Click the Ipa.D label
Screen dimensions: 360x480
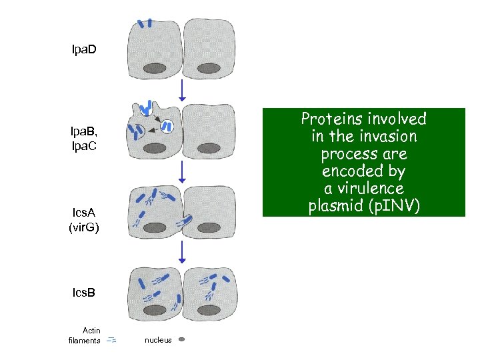point(84,50)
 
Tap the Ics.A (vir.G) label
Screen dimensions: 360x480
point(84,219)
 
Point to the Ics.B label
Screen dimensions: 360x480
point(84,292)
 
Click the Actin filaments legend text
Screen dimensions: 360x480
point(85,335)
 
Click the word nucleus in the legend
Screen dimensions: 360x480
point(158,340)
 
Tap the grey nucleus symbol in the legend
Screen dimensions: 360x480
point(181,339)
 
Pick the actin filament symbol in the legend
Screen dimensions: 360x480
point(111,339)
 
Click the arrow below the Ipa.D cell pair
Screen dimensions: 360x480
point(182,90)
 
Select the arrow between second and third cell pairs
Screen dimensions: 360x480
point(182,172)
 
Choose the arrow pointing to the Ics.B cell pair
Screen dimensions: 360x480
point(182,251)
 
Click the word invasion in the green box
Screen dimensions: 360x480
point(385,137)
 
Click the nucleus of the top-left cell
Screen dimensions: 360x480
point(155,67)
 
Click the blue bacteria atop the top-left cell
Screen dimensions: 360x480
point(145,23)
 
